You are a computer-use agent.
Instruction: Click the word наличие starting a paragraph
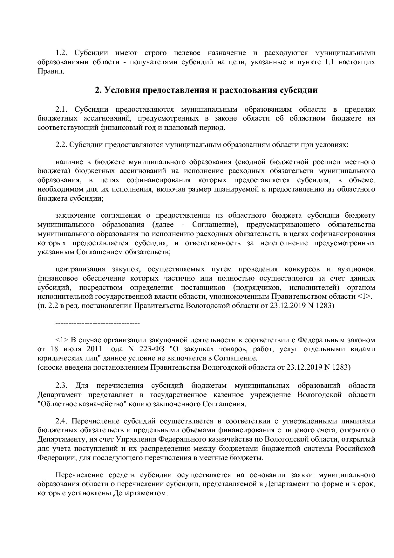(70, 163)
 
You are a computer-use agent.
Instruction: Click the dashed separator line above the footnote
(98, 324)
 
